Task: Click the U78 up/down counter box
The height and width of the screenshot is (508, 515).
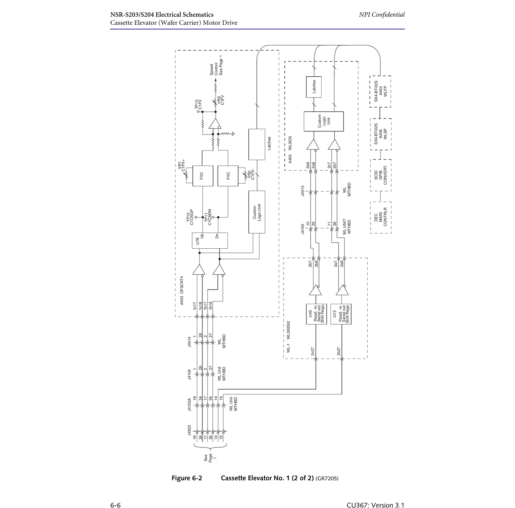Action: tap(210, 240)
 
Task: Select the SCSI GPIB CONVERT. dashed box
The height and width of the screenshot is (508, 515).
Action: tap(381, 175)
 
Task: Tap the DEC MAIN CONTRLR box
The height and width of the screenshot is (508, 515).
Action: tap(381, 217)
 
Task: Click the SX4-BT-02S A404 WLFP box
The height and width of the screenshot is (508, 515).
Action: tap(380, 91)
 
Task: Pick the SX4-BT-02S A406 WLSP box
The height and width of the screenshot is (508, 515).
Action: tap(381, 134)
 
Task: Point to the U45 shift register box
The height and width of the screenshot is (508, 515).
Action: tap(316, 314)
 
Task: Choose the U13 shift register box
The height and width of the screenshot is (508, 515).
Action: tap(341, 314)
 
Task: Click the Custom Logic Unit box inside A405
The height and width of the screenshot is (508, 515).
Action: tap(323, 121)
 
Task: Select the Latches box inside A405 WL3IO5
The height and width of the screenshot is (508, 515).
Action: tap(314, 87)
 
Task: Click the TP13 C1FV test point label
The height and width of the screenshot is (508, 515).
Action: tap(198, 106)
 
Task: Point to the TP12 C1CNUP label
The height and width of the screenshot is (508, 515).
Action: tap(190, 216)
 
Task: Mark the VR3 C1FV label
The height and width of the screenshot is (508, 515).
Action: tap(220, 100)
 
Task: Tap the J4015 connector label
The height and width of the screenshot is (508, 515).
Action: tap(302, 191)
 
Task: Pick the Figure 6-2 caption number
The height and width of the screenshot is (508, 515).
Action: tap(187, 478)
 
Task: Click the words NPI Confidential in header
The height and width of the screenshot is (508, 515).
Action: tap(382, 14)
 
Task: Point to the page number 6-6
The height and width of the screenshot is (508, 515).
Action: tap(116, 505)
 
